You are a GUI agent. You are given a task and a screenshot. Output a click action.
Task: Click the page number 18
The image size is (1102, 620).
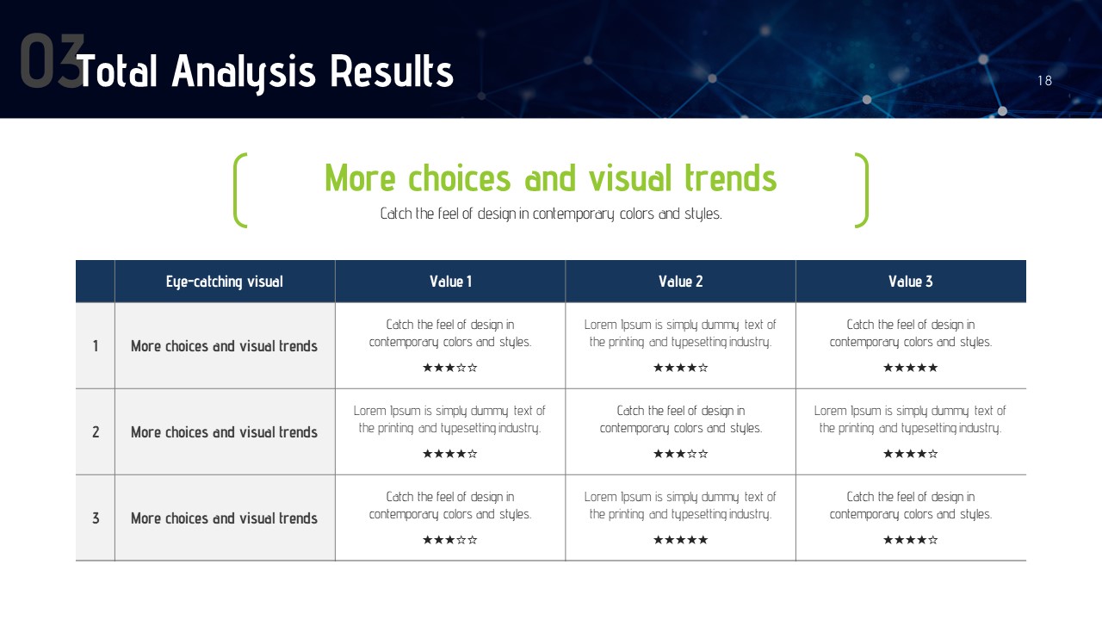1044,81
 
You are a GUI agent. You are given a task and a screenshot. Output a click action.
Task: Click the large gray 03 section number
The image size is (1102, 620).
53,61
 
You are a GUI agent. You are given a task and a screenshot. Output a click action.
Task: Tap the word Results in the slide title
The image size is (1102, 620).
392,71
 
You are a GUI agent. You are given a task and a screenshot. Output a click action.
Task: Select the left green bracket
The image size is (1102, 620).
240,190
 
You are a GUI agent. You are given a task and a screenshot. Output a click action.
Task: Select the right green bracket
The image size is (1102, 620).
862,190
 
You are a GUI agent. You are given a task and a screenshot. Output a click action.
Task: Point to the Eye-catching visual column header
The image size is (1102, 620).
225,282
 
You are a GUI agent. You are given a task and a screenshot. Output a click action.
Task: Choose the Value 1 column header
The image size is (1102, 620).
450,282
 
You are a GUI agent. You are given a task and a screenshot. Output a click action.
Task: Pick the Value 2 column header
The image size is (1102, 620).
680,282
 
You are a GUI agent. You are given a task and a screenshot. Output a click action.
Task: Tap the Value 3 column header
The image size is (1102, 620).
911,282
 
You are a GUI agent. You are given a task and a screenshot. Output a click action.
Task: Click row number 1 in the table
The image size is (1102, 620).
96,346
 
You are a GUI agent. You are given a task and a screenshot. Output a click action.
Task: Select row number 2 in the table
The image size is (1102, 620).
96,432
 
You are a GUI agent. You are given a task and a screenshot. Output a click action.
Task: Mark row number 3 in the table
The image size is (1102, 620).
96,518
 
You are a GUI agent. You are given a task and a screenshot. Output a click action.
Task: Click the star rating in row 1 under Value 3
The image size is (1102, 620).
911,368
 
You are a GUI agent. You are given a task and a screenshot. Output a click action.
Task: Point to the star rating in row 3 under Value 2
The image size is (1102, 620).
680,540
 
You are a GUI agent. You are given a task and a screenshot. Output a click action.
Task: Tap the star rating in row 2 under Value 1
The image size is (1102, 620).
450,454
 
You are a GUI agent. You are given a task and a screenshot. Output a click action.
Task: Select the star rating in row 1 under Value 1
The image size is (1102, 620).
450,368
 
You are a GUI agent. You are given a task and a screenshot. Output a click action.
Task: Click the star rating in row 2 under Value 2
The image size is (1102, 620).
680,454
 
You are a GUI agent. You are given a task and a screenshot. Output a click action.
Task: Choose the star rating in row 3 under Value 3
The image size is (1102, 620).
911,540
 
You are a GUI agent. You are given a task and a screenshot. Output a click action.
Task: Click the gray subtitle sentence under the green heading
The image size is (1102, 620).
551,214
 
